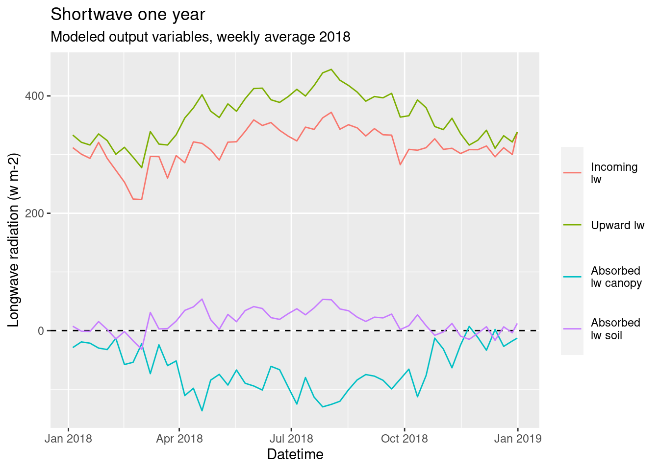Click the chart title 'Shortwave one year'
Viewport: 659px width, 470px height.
[x=127, y=15]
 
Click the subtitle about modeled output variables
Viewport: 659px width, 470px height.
[x=200, y=37]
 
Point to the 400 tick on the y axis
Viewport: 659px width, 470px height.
[x=38, y=96]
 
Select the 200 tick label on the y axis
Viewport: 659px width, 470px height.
[x=38, y=213]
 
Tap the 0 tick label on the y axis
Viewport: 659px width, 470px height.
[x=41, y=331]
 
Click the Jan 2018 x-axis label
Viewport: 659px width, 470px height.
[x=68, y=439]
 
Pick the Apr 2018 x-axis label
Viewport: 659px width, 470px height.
[x=179, y=439]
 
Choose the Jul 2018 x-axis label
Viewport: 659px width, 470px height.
[x=291, y=439]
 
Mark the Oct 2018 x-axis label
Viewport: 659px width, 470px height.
[x=404, y=439]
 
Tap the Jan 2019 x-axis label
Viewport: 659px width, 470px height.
[x=518, y=439]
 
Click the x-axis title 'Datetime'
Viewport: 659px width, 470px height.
[x=295, y=454]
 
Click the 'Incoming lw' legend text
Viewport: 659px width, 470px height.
[x=614, y=173]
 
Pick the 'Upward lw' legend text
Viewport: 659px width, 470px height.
[x=617, y=225]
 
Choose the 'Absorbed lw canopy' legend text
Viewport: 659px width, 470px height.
[x=616, y=277]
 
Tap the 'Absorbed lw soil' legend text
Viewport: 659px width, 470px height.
[x=615, y=329]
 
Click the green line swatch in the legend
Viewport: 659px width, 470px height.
[x=572, y=225]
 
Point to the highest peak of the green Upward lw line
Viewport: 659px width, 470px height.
[x=331, y=70]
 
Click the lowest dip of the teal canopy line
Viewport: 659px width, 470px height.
[x=202, y=411]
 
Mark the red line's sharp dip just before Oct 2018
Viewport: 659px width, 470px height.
[x=400, y=164]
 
